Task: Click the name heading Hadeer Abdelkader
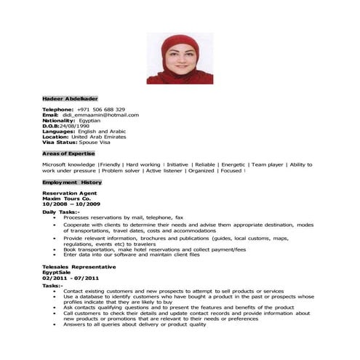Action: point(70,98)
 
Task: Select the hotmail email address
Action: point(100,115)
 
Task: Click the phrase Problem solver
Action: point(121,171)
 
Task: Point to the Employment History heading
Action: point(72,182)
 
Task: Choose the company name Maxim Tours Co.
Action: point(66,199)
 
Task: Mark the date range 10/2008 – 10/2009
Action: point(71,204)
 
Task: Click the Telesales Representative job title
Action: point(75,267)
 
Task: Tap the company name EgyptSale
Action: point(57,273)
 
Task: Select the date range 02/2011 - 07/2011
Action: point(71,279)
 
